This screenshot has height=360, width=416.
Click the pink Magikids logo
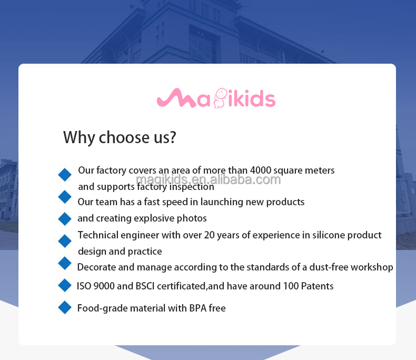point(216,98)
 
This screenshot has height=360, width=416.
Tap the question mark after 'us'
point(172,138)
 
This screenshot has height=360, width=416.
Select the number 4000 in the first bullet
point(261,171)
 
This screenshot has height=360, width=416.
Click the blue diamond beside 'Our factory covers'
point(65,174)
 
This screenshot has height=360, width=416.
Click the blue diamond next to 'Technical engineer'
point(65,241)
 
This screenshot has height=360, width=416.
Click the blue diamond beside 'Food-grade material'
point(65,307)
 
